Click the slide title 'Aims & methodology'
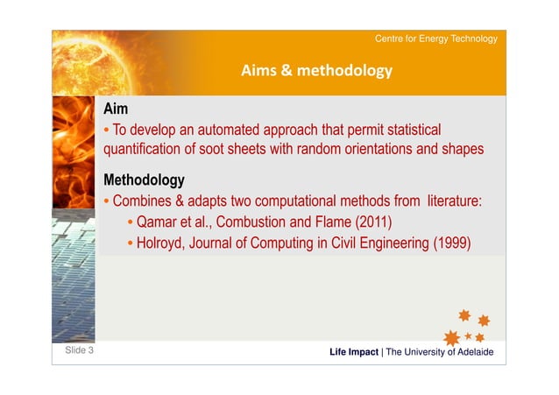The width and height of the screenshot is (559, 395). [316, 71]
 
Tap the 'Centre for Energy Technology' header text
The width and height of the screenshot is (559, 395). [436, 39]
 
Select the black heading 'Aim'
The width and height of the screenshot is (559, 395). [116, 109]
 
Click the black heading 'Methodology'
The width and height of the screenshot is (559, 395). [144, 180]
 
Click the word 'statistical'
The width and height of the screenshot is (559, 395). [414, 130]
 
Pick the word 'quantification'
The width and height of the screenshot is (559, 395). [142, 149]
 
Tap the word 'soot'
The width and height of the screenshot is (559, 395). [211, 149]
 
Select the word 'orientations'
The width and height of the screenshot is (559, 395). [379, 149]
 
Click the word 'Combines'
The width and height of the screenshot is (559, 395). [142, 201]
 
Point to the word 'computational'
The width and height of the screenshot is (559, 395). [295, 201]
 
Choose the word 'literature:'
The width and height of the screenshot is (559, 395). [455, 201]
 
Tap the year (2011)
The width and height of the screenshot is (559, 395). [373, 222]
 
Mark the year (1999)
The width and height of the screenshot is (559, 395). [452, 243]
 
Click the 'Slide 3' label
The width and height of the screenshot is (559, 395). [79, 350]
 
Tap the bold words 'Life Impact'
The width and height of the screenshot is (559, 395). [354, 352]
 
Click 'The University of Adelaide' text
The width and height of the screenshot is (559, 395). [440, 352]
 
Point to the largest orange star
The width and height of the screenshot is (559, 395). [452, 338]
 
